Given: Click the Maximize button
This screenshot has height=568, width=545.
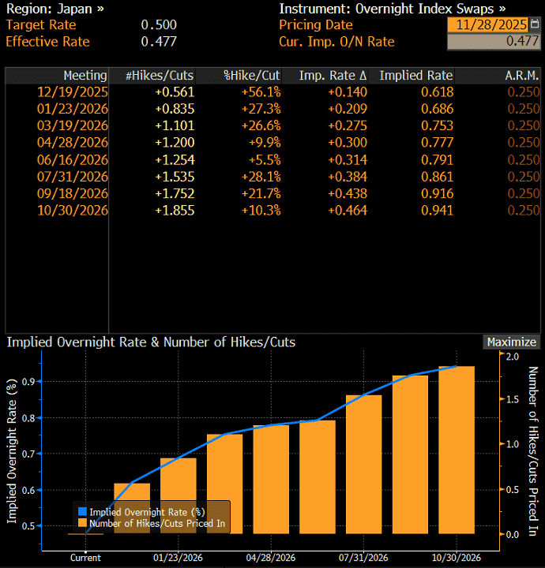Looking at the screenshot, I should (512, 342).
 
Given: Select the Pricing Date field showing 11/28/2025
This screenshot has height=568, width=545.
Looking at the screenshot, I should (488, 25).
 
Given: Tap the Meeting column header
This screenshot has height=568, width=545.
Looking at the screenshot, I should (85, 76).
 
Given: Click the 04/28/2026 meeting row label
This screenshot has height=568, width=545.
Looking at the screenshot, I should (73, 143).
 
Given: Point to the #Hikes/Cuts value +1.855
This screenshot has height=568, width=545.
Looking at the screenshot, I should (174, 211).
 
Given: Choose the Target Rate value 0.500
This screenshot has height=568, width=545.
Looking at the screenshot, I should (159, 25).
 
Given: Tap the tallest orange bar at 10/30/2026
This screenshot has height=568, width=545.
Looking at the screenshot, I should (457, 450).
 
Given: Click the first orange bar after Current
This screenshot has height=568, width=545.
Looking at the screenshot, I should (132, 509).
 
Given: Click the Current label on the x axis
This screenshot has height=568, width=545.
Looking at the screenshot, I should (85, 558).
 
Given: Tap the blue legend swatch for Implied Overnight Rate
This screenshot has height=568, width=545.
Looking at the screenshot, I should (82, 512).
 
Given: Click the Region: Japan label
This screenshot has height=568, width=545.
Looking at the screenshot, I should (54, 9).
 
